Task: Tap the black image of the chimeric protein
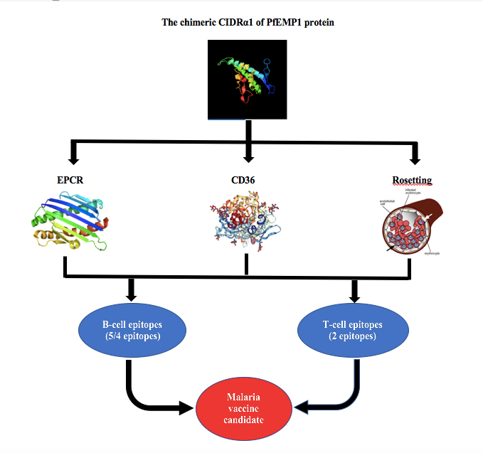tap(247, 79)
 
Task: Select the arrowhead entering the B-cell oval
tap(132, 294)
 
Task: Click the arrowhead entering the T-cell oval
tap(354, 294)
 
